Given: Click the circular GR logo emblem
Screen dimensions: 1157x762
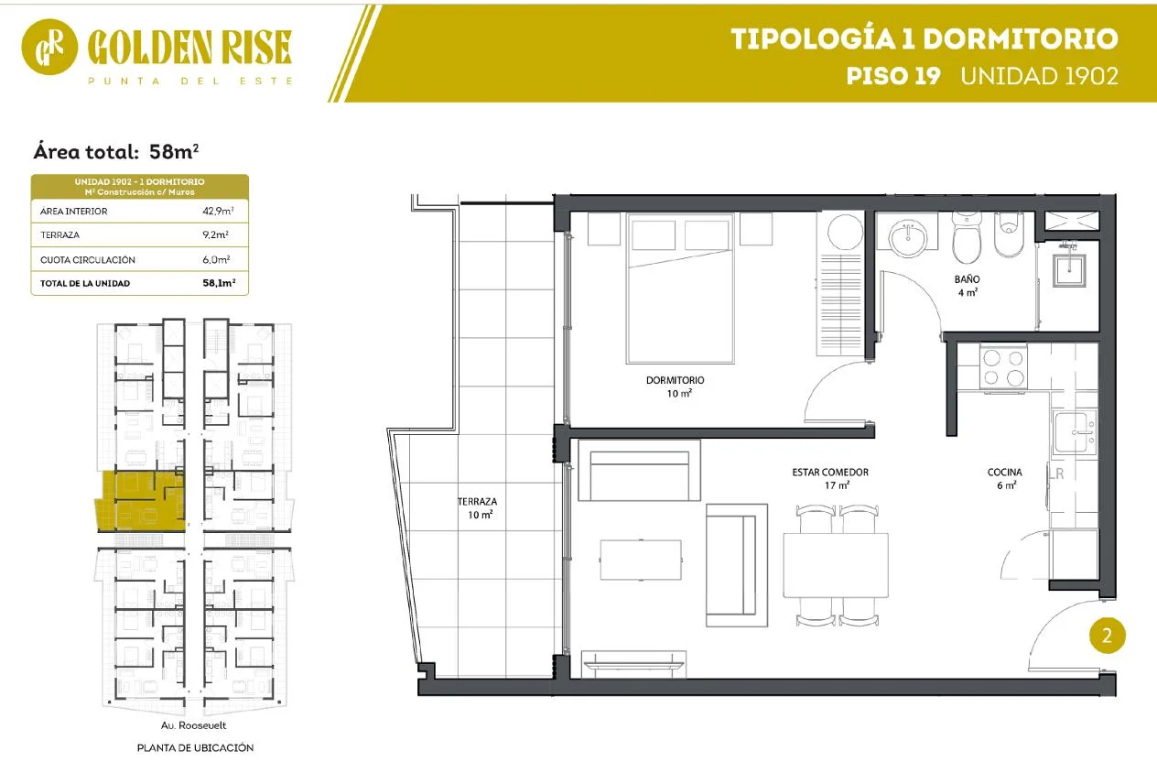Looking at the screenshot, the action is pyautogui.click(x=49, y=47).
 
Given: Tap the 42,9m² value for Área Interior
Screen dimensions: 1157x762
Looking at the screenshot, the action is pyautogui.click(x=218, y=211).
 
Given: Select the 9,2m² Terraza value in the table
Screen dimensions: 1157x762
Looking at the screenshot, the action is pyautogui.click(x=215, y=234).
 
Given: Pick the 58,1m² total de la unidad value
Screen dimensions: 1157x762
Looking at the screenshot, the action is pyautogui.click(x=219, y=283).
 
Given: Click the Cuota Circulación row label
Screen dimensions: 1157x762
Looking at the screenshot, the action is pyautogui.click(x=88, y=259).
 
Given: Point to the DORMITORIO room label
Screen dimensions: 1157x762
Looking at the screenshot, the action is pyautogui.click(x=676, y=380).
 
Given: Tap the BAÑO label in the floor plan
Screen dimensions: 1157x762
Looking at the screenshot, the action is pyautogui.click(x=967, y=279).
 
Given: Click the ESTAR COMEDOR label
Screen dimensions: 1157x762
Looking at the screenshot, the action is pyautogui.click(x=830, y=472).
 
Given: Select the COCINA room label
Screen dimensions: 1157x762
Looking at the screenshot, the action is pyautogui.click(x=1005, y=472).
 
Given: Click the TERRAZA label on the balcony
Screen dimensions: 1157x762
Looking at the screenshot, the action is pyautogui.click(x=477, y=502).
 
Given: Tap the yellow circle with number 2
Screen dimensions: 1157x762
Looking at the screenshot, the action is pyautogui.click(x=1107, y=636).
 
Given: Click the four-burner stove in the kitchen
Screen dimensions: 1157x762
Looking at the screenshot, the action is pyautogui.click(x=1003, y=368).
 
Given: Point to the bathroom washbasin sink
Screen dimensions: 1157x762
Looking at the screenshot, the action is pyautogui.click(x=907, y=237).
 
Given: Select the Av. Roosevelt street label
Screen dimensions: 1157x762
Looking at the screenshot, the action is pyautogui.click(x=194, y=725).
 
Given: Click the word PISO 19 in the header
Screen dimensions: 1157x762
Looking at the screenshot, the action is pyautogui.click(x=893, y=76).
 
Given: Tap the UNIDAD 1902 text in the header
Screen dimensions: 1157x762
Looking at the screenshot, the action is pyautogui.click(x=1039, y=76).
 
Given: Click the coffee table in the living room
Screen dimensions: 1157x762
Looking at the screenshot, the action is pyautogui.click(x=641, y=560).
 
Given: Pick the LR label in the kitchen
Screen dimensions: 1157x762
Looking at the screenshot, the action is pyautogui.click(x=1056, y=474).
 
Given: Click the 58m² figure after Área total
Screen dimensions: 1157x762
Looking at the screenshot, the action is pyautogui.click(x=174, y=151).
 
